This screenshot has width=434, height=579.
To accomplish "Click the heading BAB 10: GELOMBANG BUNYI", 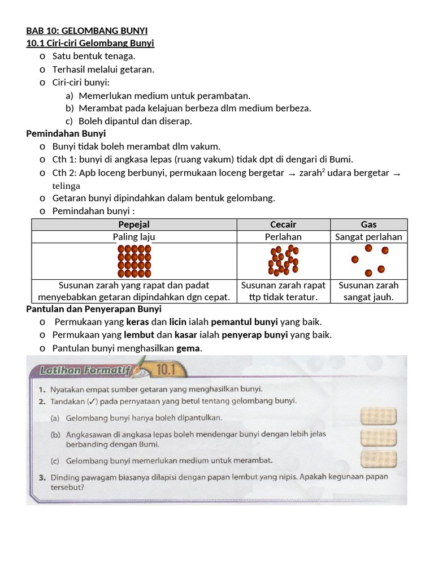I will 87,31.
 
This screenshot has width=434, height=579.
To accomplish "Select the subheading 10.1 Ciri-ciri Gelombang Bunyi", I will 90,43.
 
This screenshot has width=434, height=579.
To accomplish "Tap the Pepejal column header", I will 134,224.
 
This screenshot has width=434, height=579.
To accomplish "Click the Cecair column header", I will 283,224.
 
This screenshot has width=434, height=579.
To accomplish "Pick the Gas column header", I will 368,224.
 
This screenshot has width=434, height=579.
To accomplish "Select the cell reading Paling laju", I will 134,237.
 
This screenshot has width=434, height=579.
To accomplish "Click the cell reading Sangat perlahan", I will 368,237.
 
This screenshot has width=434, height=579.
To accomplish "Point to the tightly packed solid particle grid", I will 134,261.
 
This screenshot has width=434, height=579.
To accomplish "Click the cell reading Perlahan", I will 283,237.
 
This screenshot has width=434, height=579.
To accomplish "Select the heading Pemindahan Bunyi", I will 66,133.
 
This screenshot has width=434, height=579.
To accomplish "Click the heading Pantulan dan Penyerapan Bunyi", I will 94,309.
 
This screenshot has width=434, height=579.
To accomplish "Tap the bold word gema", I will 188,348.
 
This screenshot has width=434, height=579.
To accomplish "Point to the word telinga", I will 66,186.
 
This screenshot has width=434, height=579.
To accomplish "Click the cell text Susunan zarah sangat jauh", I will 368,291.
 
